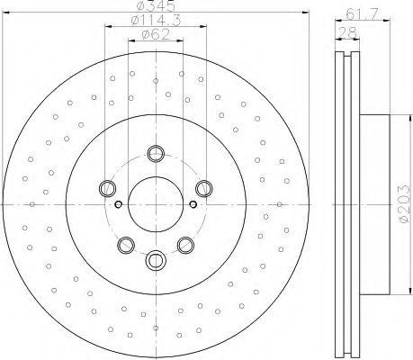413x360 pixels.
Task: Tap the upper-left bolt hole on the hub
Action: coord(109,187)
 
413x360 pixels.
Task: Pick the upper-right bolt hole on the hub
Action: coord(204,187)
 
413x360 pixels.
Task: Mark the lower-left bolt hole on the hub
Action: coord(126,243)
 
